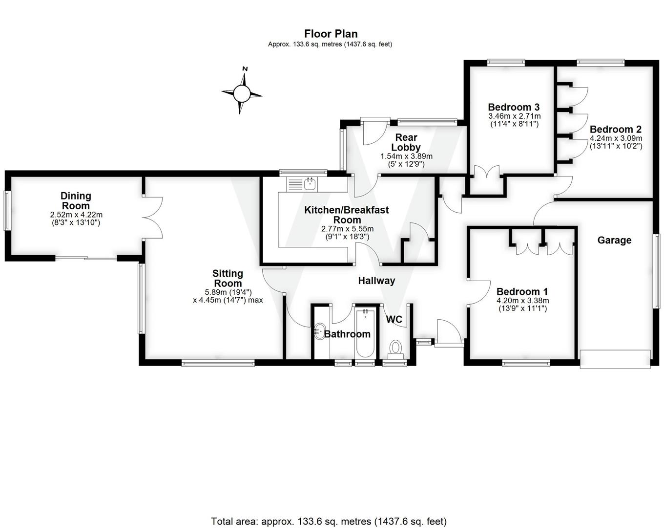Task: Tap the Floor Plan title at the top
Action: tap(331, 34)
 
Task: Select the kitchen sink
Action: tap(309, 184)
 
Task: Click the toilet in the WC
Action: tap(394, 349)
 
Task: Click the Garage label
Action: tap(614, 240)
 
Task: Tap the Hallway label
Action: tap(376, 281)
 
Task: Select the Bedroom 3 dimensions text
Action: tap(514, 120)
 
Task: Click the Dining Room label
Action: tap(76, 200)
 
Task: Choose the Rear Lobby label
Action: tap(406, 142)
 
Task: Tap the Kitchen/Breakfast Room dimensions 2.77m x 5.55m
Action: tap(347, 229)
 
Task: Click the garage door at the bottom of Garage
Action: tap(615, 359)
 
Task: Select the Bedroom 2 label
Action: tap(615, 130)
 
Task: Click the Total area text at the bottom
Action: tap(329, 521)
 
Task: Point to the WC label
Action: tap(394, 320)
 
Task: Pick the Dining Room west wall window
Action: tap(7, 210)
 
